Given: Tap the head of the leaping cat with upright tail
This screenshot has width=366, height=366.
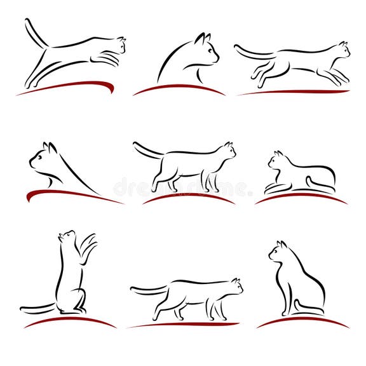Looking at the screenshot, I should tap(116, 44).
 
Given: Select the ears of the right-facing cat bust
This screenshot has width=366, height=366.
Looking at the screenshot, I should tap(203, 39).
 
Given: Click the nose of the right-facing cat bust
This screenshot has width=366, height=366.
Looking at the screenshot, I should tap(217, 58).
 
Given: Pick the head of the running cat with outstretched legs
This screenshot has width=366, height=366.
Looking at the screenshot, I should tap(341, 50).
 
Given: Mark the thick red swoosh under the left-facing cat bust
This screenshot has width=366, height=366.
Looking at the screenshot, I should tap(70, 194).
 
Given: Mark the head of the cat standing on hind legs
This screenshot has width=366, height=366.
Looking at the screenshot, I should tap(66, 237).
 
